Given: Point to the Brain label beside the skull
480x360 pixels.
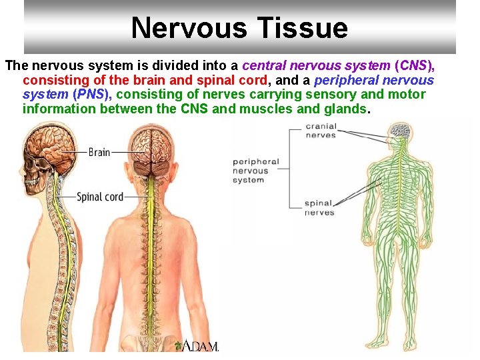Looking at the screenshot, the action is pyautogui.click(x=99, y=152).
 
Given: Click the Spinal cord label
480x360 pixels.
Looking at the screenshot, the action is pyautogui.click(x=100, y=197).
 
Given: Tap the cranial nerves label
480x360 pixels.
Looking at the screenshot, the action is pyautogui.click(x=321, y=131).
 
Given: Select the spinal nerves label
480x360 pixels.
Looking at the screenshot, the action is pyautogui.click(x=319, y=208).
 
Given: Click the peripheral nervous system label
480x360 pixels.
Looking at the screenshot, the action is pyautogui.click(x=256, y=171).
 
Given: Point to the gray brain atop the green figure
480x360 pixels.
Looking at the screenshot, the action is pyautogui.click(x=399, y=129).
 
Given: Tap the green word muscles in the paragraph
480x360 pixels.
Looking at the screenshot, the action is pyautogui.click(x=291, y=109).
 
